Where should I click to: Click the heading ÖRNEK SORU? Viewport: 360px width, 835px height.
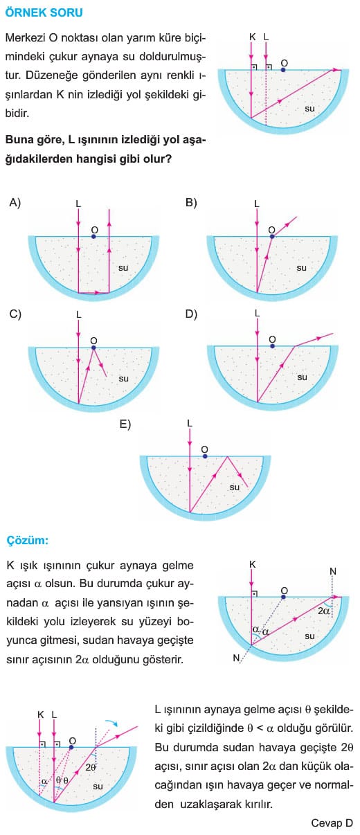[x=44, y=12]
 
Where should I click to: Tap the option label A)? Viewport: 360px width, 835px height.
[x=15, y=203]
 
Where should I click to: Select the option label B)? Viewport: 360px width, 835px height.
[x=191, y=203]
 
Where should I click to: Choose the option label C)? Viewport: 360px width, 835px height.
[x=15, y=314]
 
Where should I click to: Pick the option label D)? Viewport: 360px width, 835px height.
[x=191, y=314]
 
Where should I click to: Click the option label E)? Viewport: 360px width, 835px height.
[x=125, y=424]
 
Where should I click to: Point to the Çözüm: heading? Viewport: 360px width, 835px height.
[x=28, y=540]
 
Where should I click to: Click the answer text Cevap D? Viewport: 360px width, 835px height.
[x=332, y=823]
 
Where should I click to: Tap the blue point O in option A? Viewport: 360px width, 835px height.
[x=93, y=236]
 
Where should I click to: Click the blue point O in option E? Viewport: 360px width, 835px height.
[x=205, y=456]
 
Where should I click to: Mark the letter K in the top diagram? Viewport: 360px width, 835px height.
[x=252, y=37]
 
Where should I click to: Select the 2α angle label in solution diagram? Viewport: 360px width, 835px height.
[x=323, y=611]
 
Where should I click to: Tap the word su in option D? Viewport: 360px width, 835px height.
[x=303, y=377]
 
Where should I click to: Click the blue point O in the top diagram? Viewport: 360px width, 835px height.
[x=284, y=69]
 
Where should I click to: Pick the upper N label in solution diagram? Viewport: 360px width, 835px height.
[x=333, y=571]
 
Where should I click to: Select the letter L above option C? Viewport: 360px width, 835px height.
[x=79, y=314]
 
